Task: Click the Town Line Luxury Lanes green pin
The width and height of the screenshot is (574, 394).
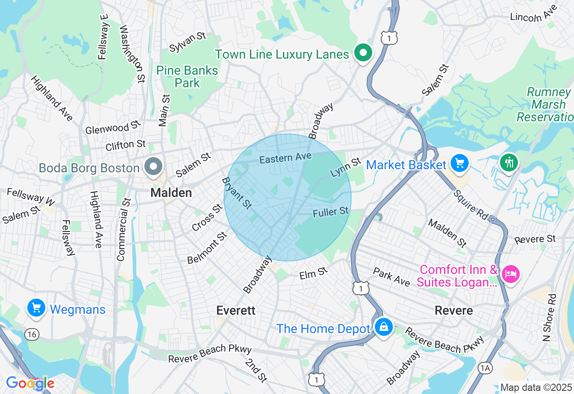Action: pyautogui.click(x=364, y=53)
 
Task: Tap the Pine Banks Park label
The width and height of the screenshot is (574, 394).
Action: pyautogui.click(x=187, y=77)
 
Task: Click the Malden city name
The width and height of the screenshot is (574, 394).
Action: pyautogui.click(x=171, y=193)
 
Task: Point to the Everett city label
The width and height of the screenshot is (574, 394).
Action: pyautogui.click(x=235, y=310)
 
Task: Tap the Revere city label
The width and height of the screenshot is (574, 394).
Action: pyautogui.click(x=454, y=310)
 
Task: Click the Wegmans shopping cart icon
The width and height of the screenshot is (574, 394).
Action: pyautogui.click(x=36, y=308)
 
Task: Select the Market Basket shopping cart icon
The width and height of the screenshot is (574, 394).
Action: pyautogui.click(x=459, y=163)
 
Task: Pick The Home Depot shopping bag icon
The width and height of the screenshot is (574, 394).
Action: pyautogui.click(x=384, y=328)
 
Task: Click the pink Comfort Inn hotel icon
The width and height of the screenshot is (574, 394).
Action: pyautogui.click(x=510, y=273)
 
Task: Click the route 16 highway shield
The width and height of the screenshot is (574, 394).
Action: pyautogui.click(x=32, y=334)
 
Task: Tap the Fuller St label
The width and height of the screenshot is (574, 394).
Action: pyautogui.click(x=330, y=212)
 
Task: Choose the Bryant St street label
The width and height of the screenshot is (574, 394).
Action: pyautogui.click(x=237, y=193)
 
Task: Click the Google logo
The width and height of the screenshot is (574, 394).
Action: pyautogui.click(x=30, y=383)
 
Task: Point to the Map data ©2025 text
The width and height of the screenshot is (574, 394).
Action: pyautogui.click(x=536, y=387)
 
